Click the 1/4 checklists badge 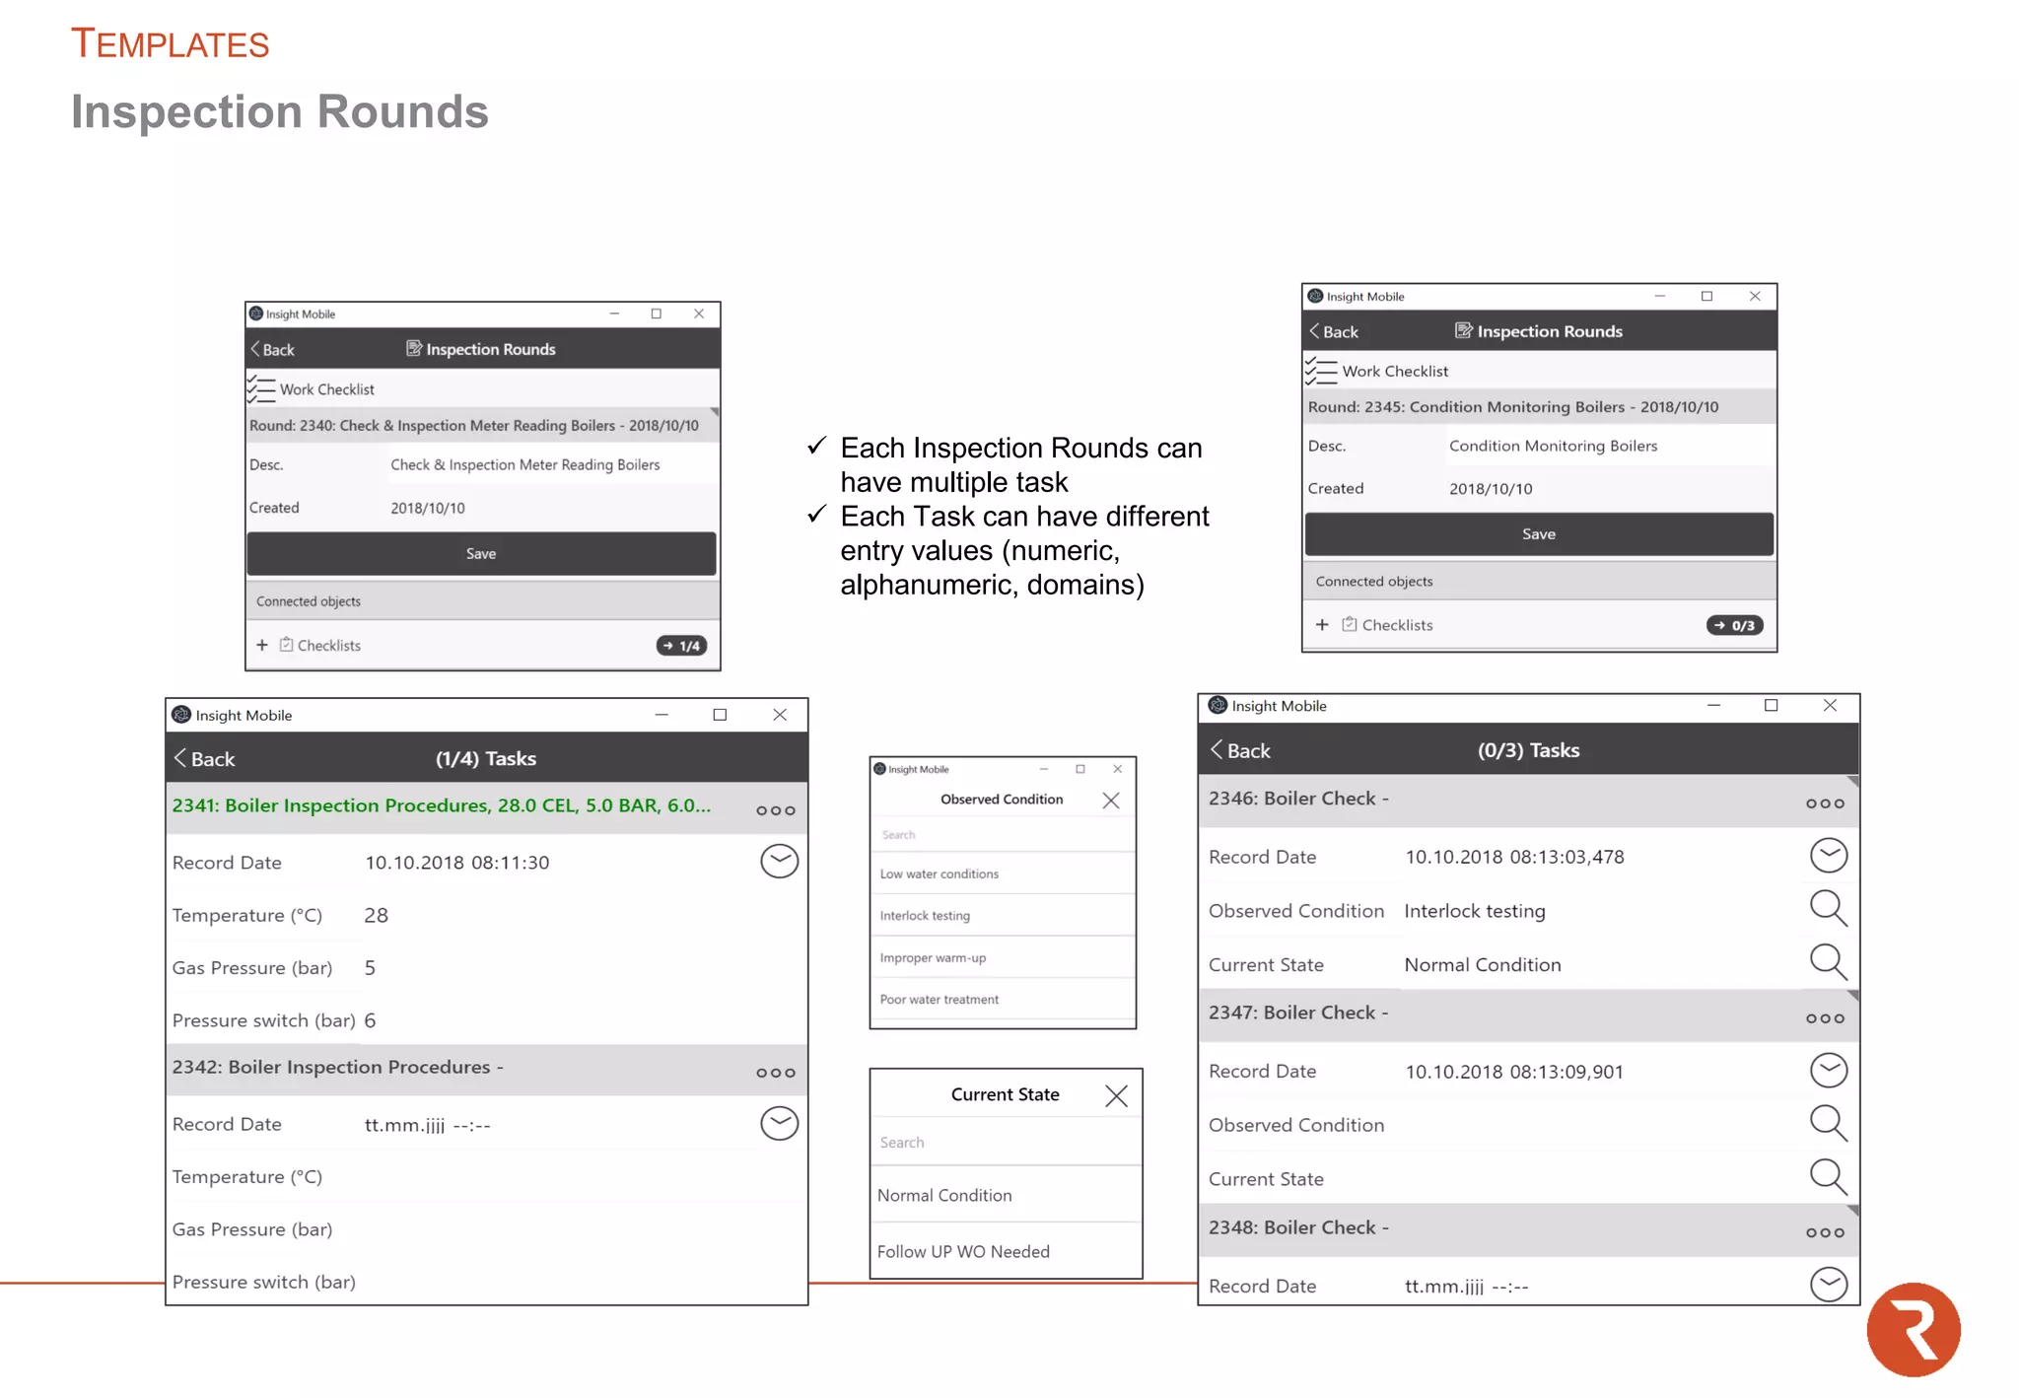pos(681,646)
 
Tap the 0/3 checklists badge pos(1734,625)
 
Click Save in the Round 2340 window pos(481,554)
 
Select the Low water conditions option pos(939,874)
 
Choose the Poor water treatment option pos(939,1000)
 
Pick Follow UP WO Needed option pos(963,1251)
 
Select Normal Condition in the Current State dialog pos(944,1195)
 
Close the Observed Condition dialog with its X pos(1111,801)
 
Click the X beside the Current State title pos(1116,1095)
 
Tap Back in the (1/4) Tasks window pos(205,759)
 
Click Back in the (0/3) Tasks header pos(1241,750)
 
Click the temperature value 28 pos(377,915)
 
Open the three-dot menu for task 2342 pos(776,1073)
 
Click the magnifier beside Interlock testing pos(1828,908)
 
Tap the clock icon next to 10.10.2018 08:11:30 pos(779,862)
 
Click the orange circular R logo pos(1914,1329)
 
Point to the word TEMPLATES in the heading pos(171,44)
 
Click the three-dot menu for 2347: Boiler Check pos(1825,1018)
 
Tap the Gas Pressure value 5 pos(371,968)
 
